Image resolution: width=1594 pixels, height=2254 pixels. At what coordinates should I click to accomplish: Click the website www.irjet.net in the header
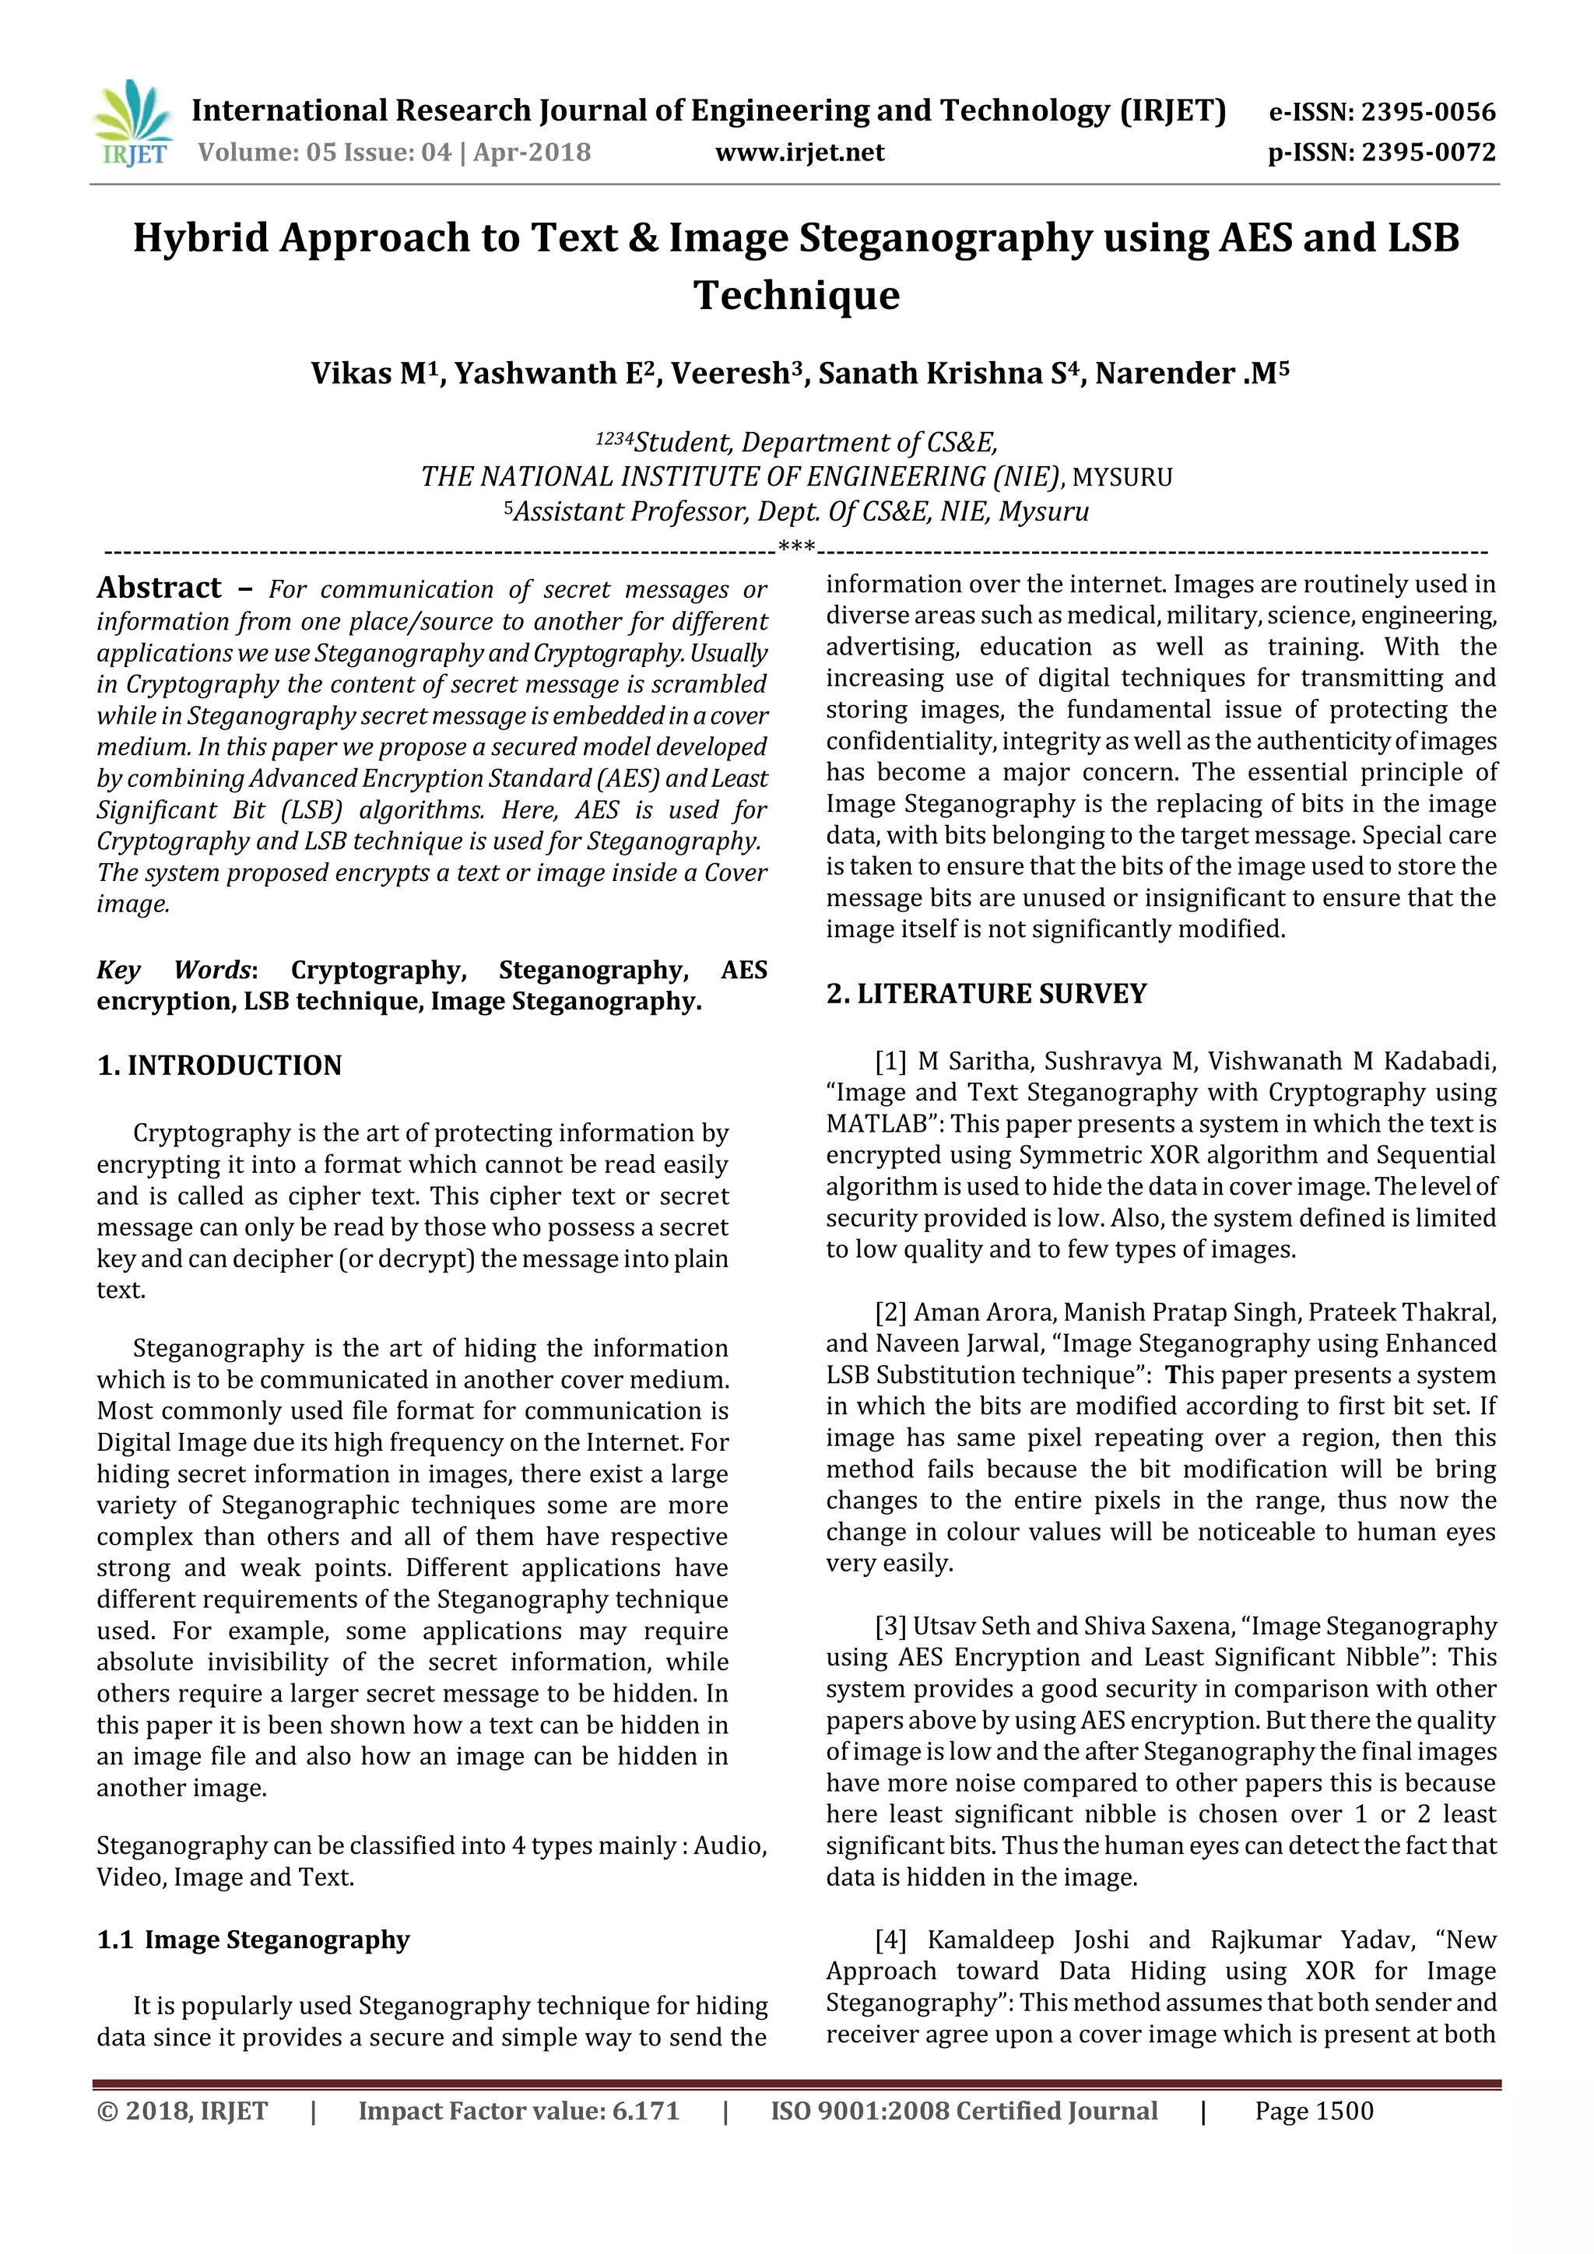pyautogui.click(x=799, y=153)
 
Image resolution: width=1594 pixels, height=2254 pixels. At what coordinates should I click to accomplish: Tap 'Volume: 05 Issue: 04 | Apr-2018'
pyautogui.click(x=395, y=153)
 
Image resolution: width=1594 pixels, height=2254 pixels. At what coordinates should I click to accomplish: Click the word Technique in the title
pyautogui.click(x=796, y=296)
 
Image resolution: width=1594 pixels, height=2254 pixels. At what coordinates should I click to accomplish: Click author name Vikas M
pyautogui.click(x=370, y=374)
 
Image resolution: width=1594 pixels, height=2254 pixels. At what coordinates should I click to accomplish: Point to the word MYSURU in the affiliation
pyautogui.click(x=1122, y=478)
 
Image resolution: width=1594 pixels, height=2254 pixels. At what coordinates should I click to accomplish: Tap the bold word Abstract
pyautogui.click(x=159, y=588)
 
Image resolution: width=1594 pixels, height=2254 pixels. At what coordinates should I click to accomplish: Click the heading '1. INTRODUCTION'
pyautogui.click(x=219, y=1066)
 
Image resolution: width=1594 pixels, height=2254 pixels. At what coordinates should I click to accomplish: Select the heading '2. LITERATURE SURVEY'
pyautogui.click(x=985, y=995)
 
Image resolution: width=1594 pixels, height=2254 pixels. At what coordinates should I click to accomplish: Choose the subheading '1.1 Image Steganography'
pyautogui.click(x=253, y=1941)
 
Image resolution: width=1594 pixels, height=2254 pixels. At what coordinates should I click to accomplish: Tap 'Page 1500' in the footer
pyautogui.click(x=1313, y=2112)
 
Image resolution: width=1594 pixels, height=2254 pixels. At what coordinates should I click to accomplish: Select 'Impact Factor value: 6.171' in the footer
pyautogui.click(x=518, y=2112)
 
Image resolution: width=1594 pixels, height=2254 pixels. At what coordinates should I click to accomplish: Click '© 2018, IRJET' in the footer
pyautogui.click(x=183, y=2112)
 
